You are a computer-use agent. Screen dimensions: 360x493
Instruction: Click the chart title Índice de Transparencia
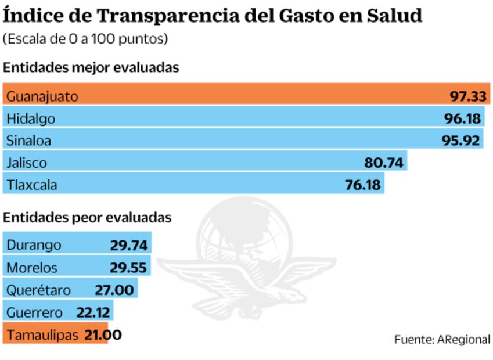click(x=213, y=16)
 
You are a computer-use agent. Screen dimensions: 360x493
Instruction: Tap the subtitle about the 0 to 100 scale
click(x=85, y=39)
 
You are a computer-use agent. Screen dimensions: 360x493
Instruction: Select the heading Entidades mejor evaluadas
click(x=91, y=67)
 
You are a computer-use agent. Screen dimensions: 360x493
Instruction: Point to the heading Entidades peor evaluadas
click(x=87, y=217)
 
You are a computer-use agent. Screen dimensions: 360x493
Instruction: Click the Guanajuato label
click(x=42, y=96)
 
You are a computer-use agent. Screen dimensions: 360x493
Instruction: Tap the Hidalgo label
click(x=31, y=118)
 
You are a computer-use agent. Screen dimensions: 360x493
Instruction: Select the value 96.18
click(x=463, y=118)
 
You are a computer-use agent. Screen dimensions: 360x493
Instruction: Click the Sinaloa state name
click(x=29, y=141)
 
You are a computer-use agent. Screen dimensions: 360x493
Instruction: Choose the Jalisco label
click(x=27, y=163)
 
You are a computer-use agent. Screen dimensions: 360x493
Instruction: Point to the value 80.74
click(x=383, y=163)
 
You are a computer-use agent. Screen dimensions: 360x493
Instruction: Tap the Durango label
click(x=34, y=245)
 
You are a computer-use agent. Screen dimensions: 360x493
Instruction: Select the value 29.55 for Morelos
click(x=129, y=268)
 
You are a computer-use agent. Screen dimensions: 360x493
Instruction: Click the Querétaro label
click(x=38, y=290)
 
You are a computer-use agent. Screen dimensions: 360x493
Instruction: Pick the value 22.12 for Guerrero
click(x=93, y=312)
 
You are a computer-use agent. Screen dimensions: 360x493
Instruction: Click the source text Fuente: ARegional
click(x=442, y=339)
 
